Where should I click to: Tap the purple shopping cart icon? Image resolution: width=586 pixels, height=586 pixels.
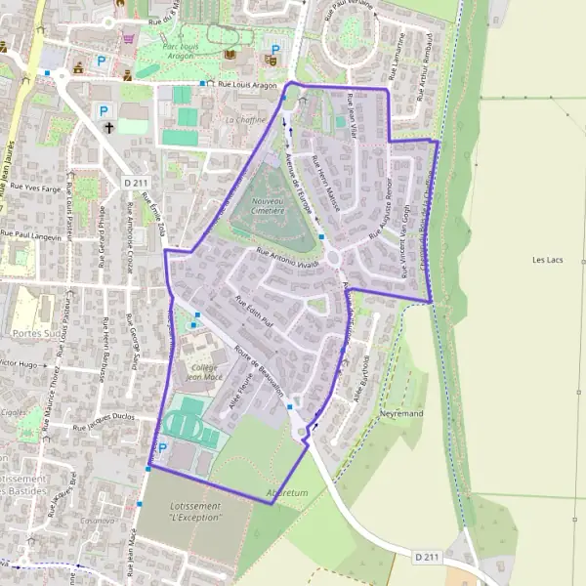coord(129,39)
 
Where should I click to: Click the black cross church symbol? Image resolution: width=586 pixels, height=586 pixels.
coord(109,128)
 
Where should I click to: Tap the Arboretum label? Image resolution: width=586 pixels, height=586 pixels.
coord(287,493)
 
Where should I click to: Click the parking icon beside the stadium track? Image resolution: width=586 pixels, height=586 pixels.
coord(163,448)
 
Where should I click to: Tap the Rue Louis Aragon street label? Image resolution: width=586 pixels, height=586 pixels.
coord(248,86)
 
